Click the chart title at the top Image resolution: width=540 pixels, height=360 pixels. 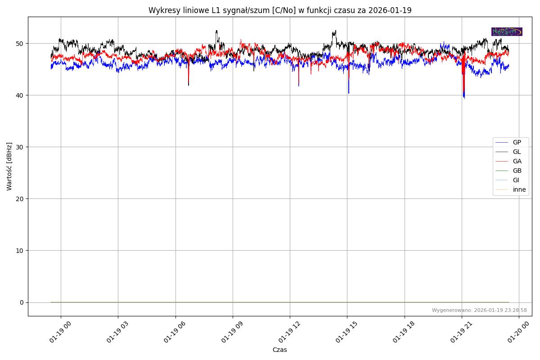(279, 10)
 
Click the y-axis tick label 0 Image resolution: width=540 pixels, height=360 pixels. (21, 302)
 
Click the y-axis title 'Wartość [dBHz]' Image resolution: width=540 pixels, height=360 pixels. (9, 166)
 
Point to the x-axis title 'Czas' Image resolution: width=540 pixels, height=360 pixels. (279, 350)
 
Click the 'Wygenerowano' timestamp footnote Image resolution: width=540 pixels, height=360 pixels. (479, 310)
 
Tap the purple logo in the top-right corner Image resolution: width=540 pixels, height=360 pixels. (507, 31)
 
